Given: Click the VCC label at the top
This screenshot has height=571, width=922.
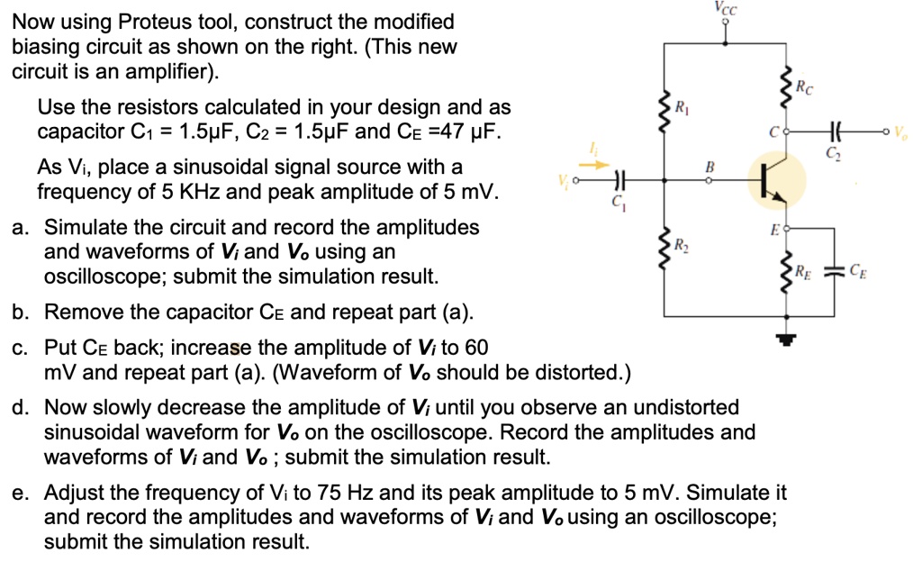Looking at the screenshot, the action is click(x=725, y=7).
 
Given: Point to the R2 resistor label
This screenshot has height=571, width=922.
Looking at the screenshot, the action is click(x=682, y=244).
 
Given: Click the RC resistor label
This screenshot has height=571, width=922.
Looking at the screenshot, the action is click(x=804, y=87).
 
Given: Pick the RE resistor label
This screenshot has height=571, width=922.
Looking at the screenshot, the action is click(x=803, y=272).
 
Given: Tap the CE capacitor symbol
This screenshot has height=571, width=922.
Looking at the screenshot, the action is click(x=834, y=271).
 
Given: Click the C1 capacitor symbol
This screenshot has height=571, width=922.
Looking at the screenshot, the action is click(x=619, y=180).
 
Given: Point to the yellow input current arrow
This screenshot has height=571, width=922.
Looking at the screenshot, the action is click(x=597, y=165).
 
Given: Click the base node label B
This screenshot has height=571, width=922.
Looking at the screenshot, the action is click(x=710, y=167).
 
